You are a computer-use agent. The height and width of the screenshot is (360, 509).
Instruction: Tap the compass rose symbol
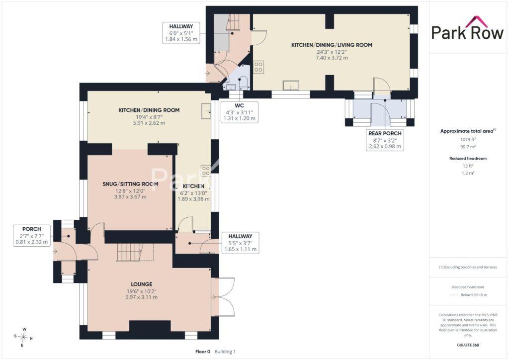pyautogui.click(x=23, y=337)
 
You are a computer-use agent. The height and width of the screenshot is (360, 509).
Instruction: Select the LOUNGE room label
pyautogui.click(x=142, y=284)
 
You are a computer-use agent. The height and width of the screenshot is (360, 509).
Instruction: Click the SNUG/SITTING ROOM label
pyautogui.click(x=131, y=184)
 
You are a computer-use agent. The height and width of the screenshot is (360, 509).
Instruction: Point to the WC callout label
pyautogui.click(x=239, y=112)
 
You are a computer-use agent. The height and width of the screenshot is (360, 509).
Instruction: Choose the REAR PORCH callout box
pyautogui.click(x=385, y=140)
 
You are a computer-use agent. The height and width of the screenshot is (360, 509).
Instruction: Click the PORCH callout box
pyautogui.click(x=32, y=235)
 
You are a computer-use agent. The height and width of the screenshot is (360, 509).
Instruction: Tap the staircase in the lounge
pyautogui.click(x=130, y=252)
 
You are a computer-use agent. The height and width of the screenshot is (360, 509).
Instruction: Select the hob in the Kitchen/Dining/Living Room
pyautogui.click(x=258, y=67)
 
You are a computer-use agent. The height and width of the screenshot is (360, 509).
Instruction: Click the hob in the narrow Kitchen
pyautogui.click(x=205, y=171)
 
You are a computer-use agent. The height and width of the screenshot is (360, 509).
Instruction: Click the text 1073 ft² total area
pyautogui.click(x=468, y=140)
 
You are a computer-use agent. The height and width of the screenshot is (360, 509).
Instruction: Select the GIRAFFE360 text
pyautogui.click(x=468, y=345)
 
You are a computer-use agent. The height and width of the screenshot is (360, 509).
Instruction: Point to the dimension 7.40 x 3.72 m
pyautogui.click(x=332, y=58)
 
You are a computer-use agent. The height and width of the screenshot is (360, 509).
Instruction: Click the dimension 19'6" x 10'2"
pyautogui.click(x=142, y=291)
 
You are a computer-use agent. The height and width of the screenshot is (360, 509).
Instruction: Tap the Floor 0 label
pyautogui.click(x=203, y=352)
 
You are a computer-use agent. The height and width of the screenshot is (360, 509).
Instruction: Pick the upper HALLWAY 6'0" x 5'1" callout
pyautogui.click(x=181, y=33)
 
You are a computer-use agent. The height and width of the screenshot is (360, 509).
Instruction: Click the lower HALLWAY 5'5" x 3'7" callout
pyautogui.click(x=240, y=243)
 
